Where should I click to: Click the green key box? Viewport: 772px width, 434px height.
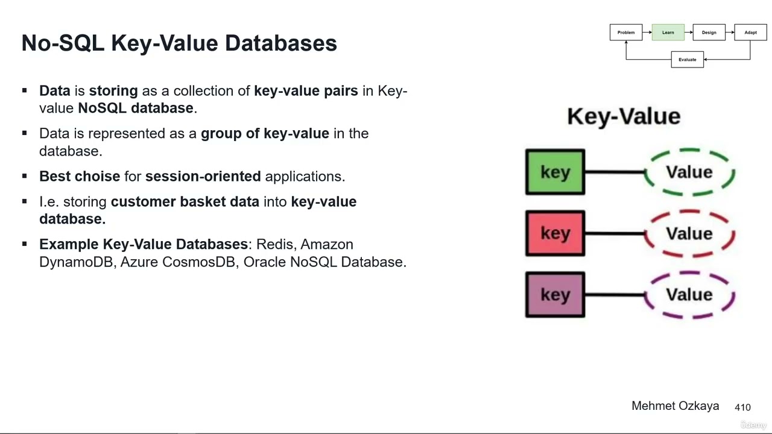pos(555,172)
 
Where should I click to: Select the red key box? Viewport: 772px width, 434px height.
pos(555,233)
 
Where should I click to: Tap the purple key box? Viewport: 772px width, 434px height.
pos(555,295)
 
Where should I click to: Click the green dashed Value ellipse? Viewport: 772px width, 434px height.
pos(689,172)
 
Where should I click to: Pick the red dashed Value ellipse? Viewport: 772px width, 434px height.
pos(689,233)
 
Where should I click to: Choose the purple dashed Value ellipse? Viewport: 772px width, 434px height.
pos(689,295)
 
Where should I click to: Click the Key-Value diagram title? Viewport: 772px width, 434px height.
pos(624,116)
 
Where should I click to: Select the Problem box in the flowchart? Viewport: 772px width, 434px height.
pos(626,33)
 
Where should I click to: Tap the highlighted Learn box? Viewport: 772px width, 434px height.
pos(668,33)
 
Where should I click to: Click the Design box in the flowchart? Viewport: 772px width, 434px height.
pos(709,33)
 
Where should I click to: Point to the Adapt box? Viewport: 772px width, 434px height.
pos(750,33)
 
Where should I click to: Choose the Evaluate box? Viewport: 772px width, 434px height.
pos(687,60)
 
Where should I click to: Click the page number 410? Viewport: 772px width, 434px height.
pos(742,407)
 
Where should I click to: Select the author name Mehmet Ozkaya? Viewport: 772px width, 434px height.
pos(675,406)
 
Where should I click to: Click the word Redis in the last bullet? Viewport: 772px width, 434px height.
pos(275,244)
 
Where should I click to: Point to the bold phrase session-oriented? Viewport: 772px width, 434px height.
pos(203,177)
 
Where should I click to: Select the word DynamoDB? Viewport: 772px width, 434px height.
pos(76,262)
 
